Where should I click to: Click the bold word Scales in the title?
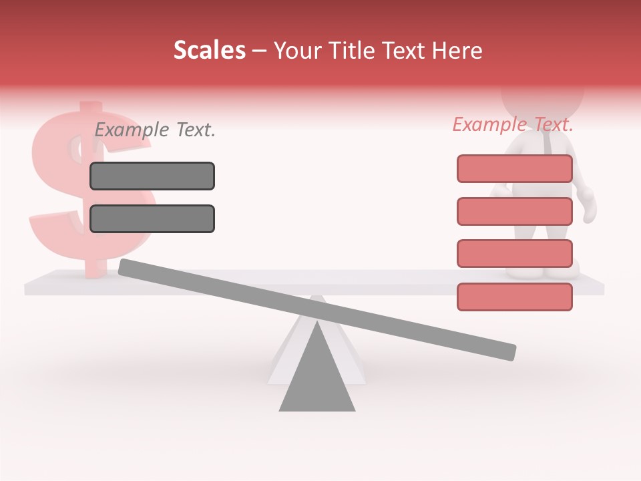(x=209, y=51)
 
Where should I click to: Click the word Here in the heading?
(x=457, y=51)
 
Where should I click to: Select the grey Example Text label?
(x=155, y=130)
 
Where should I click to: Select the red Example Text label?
(x=513, y=124)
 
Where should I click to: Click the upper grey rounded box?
(x=152, y=176)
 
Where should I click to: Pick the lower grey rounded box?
(x=152, y=218)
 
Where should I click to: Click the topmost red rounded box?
(x=514, y=169)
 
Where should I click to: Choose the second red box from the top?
(x=514, y=211)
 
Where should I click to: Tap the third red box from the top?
(x=514, y=253)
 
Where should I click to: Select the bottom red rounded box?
(x=514, y=297)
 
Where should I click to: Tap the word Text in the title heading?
(x=405, y=51)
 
